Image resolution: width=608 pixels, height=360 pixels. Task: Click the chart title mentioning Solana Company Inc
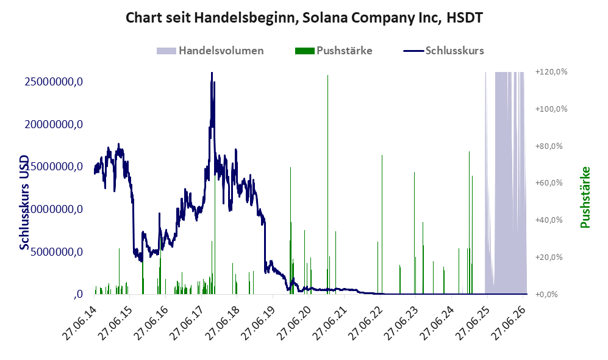[x=304, y=18]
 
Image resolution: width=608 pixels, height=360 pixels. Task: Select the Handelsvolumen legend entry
[x=210, y=51]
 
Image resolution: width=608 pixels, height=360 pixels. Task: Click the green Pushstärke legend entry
[x=334, y=51]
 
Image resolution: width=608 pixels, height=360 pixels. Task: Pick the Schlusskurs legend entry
[x=443, y=51]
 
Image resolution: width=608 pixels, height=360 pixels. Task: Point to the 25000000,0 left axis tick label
[x=54, y=82]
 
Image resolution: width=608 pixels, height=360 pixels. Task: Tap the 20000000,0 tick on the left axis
[x=54, y=124]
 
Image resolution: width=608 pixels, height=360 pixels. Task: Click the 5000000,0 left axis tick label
[x=57, y=252]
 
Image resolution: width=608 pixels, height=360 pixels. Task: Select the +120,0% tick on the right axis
[x=551, y=72]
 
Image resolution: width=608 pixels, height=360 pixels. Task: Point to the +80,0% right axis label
[x=549, y=146]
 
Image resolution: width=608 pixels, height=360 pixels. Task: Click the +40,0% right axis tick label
[x=549, y=220]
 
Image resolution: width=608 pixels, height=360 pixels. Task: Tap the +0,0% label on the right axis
[x=546, y=295]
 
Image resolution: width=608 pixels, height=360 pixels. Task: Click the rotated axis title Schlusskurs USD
[x=24, y=203]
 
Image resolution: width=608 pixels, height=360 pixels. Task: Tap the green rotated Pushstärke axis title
[x=585, y=198]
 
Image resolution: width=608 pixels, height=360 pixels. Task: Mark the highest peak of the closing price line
[x=212, y=73]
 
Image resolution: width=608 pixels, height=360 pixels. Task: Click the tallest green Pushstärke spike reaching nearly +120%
[x=327, y=184]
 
